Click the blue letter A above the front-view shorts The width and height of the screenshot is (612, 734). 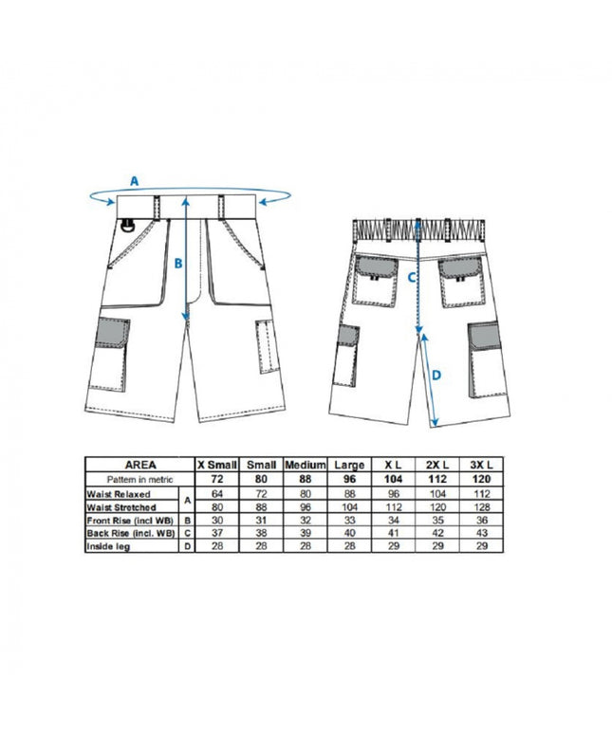[x=135, y=179]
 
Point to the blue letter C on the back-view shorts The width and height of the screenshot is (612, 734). [x=412, y=278]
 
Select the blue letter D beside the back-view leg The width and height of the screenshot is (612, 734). [x=436, y=376]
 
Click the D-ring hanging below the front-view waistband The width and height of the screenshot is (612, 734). [x=126, y=225]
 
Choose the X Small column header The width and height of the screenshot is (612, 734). [x=216, y=466]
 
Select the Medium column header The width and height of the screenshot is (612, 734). [x=306, y=466]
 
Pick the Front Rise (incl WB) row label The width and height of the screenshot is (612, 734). [x=130, y=521]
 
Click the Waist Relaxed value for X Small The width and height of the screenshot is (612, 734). [x=216, y=494]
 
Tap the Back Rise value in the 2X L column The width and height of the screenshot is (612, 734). [x=436, y=534]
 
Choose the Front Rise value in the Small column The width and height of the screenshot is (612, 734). [x=261, y=521]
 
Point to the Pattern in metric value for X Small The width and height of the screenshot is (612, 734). [x=216, y=480]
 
